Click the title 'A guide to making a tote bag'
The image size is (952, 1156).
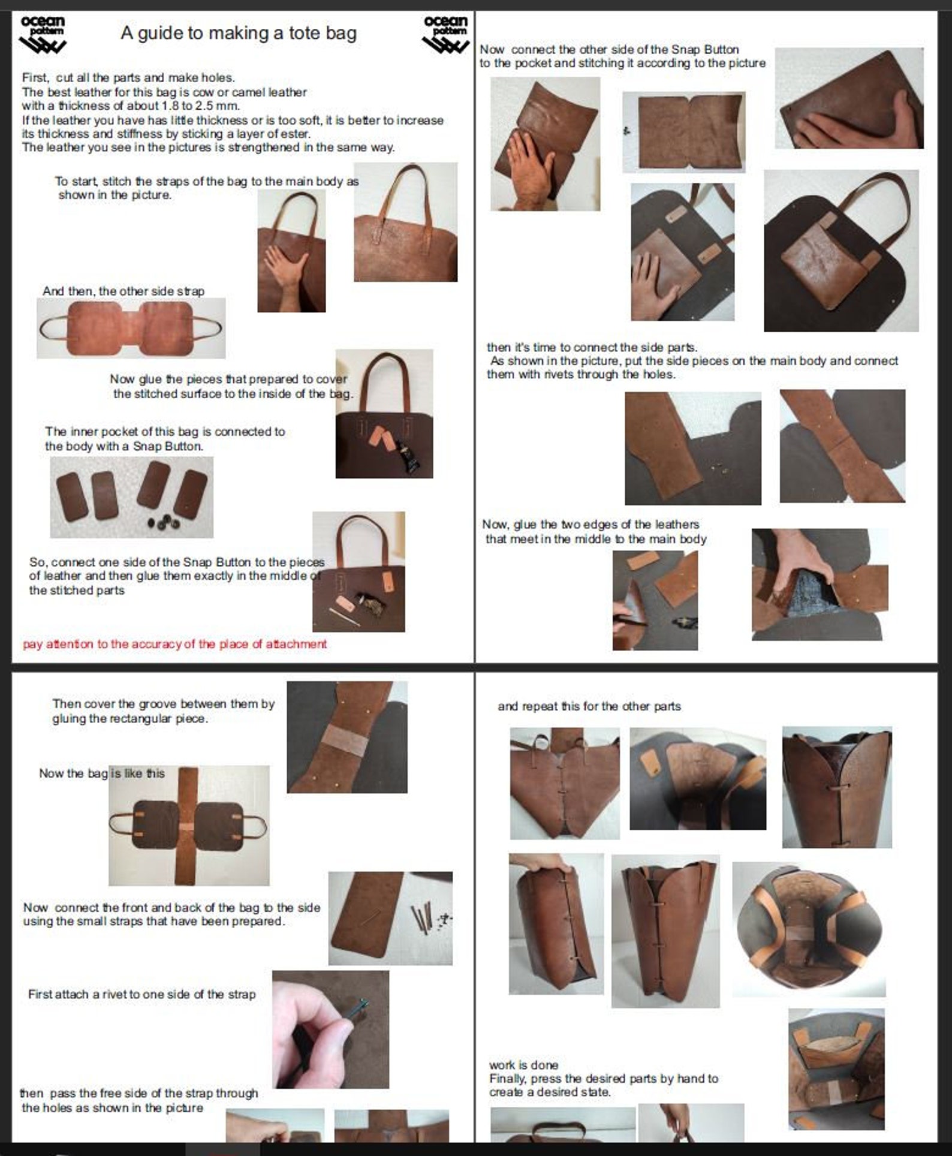point(239,33)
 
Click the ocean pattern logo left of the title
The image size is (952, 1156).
point(43,35)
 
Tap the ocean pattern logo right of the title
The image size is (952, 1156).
point(445,35)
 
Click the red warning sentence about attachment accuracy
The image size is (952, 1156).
point(175,644)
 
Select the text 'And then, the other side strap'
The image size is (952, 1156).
point(123,291)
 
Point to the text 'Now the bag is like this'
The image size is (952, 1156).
point(102,773)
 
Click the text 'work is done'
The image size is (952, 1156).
point(523,1065)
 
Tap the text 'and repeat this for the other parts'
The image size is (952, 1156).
point(589,706)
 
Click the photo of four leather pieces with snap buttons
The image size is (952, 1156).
point(131,497)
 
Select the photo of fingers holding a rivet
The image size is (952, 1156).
point(330,1029)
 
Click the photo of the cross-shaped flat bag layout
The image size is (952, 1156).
point(189,825)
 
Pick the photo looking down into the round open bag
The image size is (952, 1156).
point(809,930)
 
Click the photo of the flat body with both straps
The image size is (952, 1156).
point(131,328)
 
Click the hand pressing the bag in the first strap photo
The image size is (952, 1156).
point(286,264)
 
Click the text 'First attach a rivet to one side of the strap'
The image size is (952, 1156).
point(142,994)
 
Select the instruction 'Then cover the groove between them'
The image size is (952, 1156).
point(163,703)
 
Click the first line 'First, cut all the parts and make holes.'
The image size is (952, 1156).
point(128,77)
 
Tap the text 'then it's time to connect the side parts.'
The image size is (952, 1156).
point(592,347)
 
